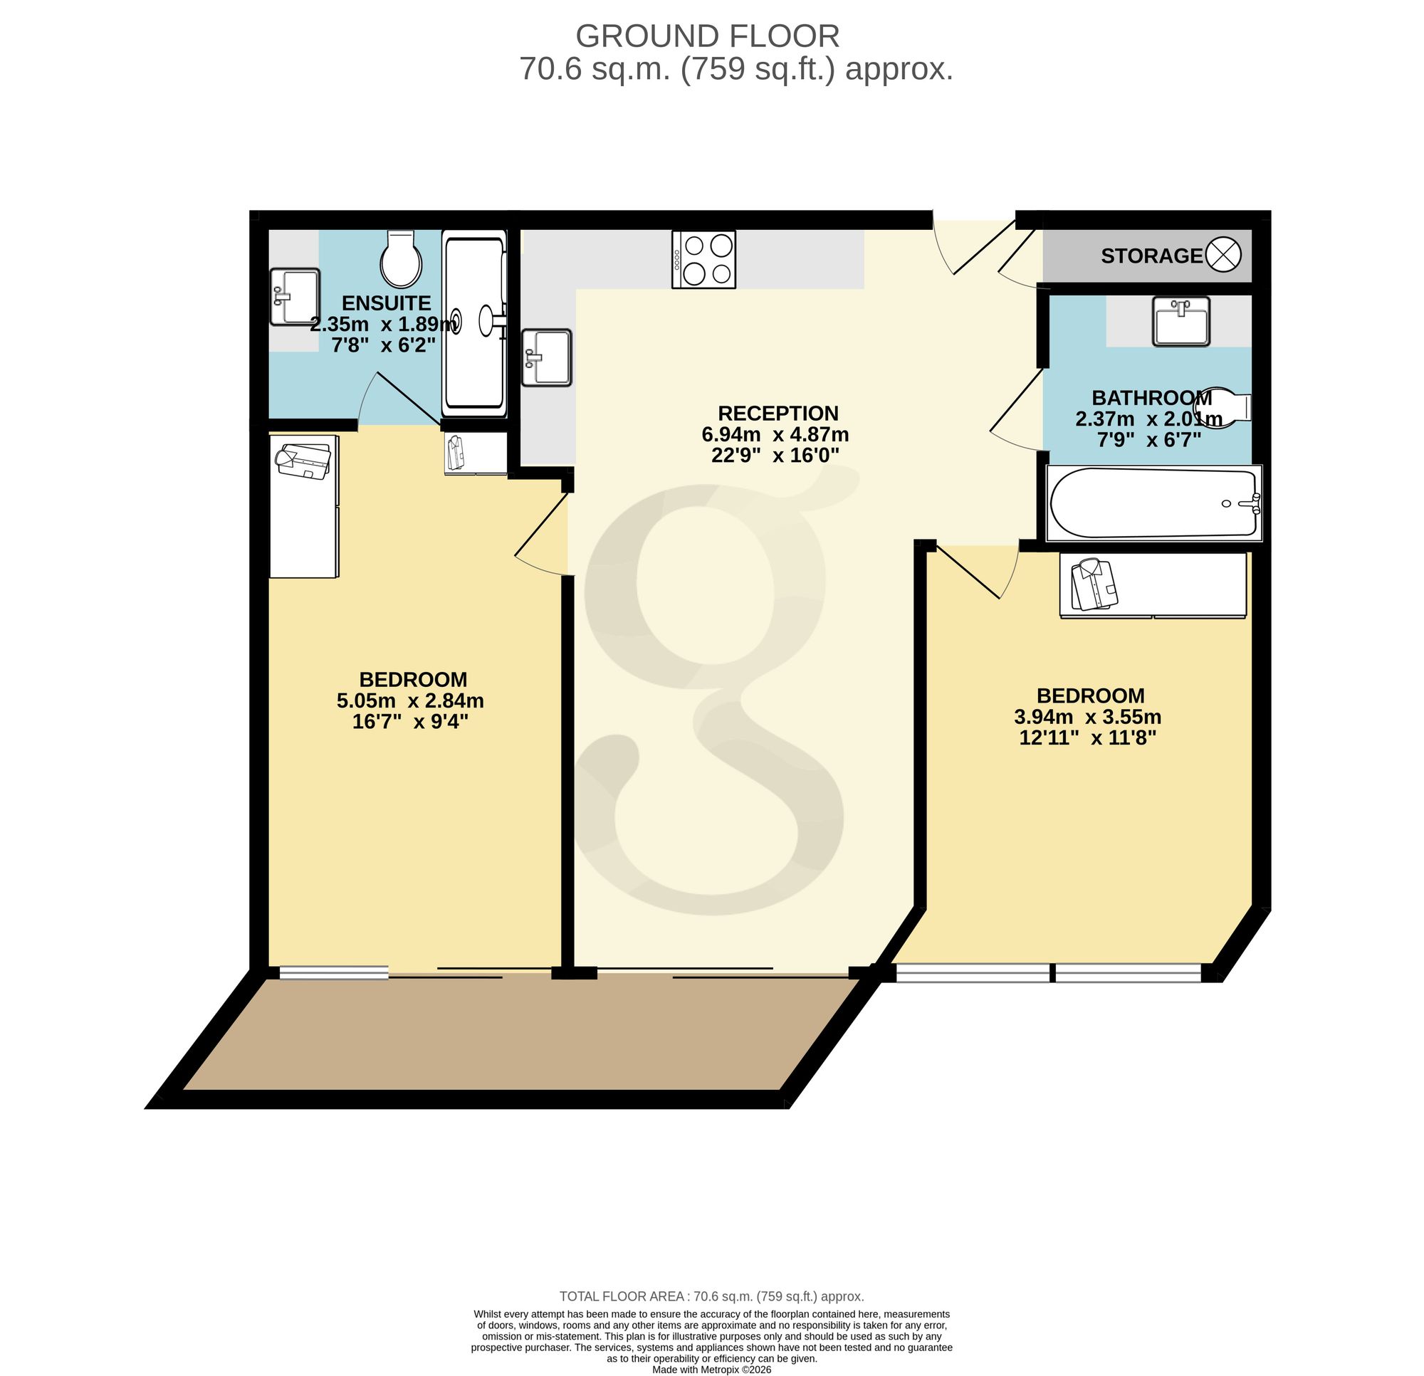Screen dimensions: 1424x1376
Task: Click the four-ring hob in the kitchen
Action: point(703,259)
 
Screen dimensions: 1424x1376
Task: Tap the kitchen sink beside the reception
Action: point(547,357)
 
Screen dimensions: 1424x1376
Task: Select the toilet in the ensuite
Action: point(402,259)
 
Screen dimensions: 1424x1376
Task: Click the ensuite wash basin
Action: point(295,296)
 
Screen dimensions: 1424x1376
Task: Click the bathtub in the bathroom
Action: point(1153,503)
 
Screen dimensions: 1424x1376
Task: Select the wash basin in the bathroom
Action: point(1180,320)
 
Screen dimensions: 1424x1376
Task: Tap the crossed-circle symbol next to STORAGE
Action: point(1223,255)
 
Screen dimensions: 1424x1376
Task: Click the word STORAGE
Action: point(1151,256)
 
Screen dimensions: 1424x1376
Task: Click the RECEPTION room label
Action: point(778,414)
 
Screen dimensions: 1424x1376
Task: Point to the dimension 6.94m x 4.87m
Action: point(775,434)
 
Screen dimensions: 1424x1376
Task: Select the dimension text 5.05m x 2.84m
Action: point(411,701)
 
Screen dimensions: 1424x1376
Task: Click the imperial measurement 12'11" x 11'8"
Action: point(1088,738)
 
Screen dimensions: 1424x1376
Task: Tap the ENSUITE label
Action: point(387,303)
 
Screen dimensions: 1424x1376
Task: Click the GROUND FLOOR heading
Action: point(708,36)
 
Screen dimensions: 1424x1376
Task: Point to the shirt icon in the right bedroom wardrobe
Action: point(1094,584)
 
